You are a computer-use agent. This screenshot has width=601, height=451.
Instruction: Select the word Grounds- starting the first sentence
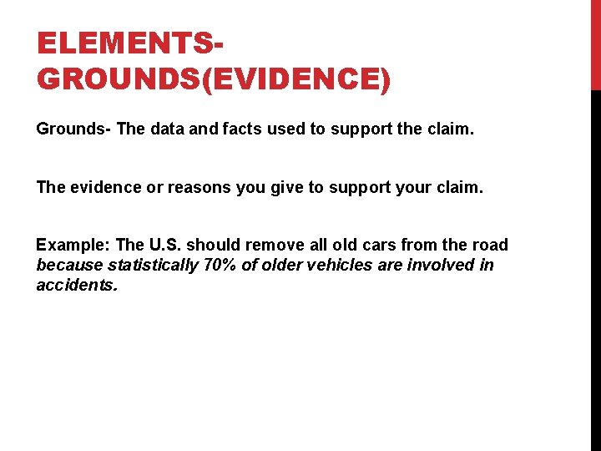73,129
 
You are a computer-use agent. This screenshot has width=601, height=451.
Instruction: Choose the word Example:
73,245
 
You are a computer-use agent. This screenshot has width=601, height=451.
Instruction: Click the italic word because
69,265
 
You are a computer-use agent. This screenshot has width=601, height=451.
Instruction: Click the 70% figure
220,265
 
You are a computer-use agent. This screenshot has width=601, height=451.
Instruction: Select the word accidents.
77,285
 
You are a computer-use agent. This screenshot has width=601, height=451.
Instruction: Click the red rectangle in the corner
595,45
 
